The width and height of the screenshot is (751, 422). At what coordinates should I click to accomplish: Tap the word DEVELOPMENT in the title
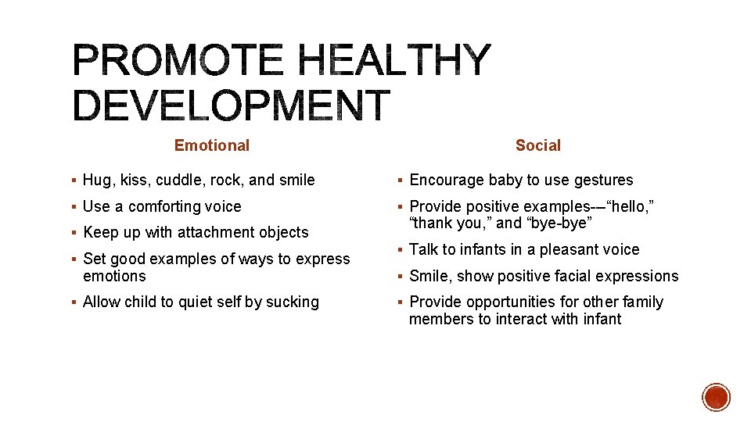click(x=231, y=105)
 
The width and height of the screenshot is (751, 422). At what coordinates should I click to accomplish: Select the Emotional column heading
click(x=212, y=145)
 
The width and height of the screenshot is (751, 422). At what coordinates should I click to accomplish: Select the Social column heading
click(x=538, y=145)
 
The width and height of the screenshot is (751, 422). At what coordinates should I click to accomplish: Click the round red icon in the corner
click(x=717, y=397)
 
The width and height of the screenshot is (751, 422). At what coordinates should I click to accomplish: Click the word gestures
click(x=603, y=181)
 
